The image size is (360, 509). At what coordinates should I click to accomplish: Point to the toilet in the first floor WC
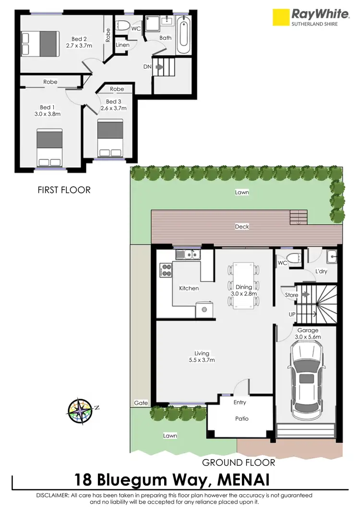coord(122,26)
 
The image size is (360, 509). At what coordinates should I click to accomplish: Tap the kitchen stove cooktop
coord(166,270)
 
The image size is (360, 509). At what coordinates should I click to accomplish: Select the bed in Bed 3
coord(110,136)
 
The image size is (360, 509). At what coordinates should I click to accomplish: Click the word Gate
coord(141,403)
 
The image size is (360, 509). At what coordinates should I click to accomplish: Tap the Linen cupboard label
coord(122,45)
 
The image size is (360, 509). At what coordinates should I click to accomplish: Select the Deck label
coord(242,227)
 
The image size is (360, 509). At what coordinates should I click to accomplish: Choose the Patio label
coord(241,418)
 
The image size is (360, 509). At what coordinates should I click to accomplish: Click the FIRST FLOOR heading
coord(64,190)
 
